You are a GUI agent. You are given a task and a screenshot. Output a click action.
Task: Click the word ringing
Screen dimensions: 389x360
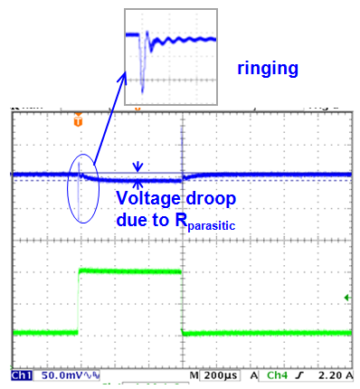[268, 68]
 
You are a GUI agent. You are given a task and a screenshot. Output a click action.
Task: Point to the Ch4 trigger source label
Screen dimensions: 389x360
[280, 375]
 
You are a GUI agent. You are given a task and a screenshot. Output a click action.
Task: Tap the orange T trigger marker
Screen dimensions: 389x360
[79, 119]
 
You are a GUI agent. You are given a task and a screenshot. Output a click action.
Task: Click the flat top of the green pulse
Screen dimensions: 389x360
[131, 270]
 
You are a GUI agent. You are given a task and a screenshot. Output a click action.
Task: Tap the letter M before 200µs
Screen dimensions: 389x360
[194, 375]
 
